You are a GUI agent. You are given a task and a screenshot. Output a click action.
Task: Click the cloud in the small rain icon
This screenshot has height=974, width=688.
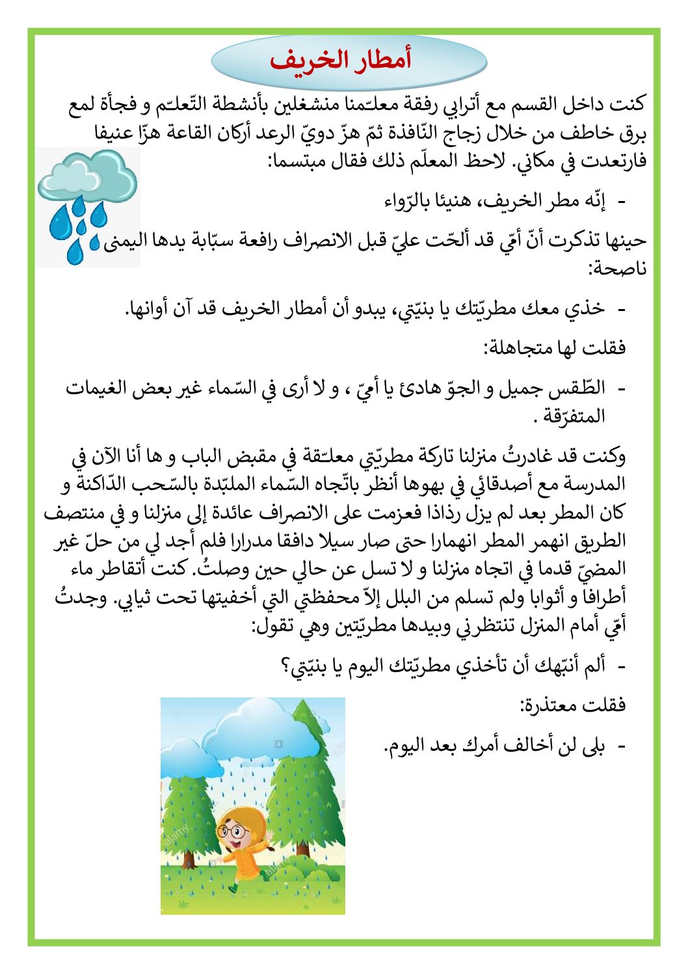87,174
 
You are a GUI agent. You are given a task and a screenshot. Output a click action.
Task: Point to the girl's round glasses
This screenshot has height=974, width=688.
233,831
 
